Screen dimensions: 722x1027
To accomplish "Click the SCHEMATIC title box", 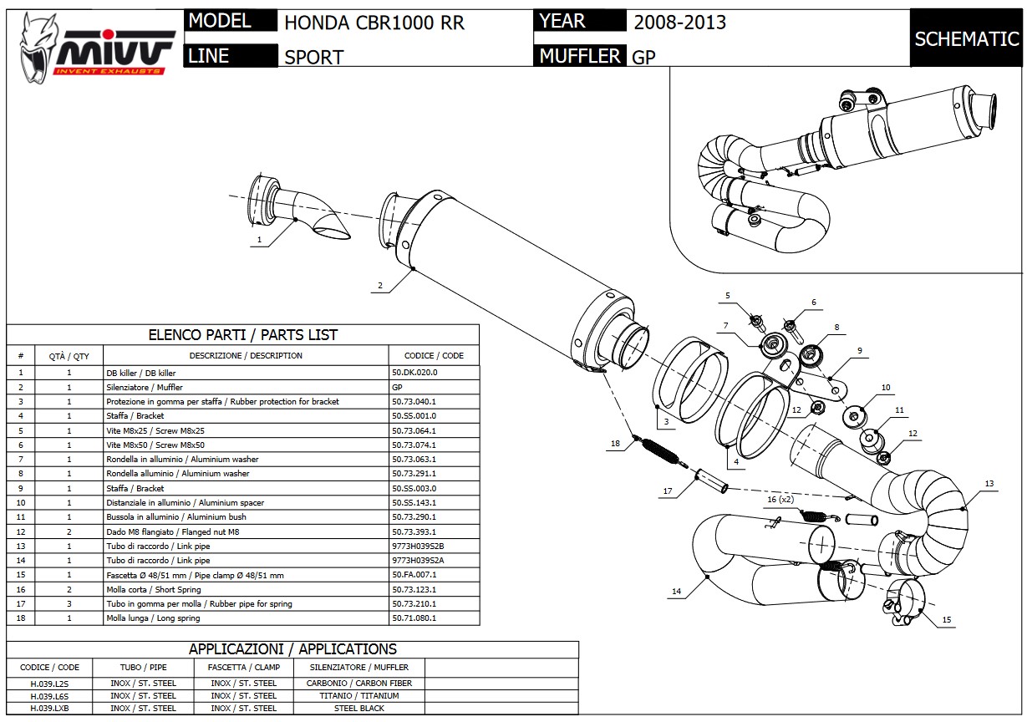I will click(966, 39).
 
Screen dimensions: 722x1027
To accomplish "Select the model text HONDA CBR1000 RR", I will click(374, 23).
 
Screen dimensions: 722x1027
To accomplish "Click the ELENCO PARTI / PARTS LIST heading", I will click(242, 335).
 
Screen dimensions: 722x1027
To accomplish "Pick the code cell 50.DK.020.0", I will click(414, 373).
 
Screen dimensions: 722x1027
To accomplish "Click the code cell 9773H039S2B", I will click(424, 546).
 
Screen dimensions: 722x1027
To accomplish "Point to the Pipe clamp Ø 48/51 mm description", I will click(195, 575).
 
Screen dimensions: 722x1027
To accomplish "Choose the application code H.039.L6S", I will click(50, 695).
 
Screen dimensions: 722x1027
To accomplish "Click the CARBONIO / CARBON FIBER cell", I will click(359, 683).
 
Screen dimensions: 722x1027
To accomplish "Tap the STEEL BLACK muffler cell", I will click(359, 708).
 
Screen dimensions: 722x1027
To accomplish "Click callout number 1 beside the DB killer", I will click(259, 240).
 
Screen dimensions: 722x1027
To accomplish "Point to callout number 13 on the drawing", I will click(989, 484).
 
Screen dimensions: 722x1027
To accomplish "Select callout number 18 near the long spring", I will click(615, 445).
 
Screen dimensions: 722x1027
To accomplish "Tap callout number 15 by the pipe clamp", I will click(946, 619).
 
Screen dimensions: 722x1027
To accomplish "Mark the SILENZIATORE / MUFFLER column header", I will click(359, 668).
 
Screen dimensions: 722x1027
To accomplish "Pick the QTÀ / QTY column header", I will click(69, 356).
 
